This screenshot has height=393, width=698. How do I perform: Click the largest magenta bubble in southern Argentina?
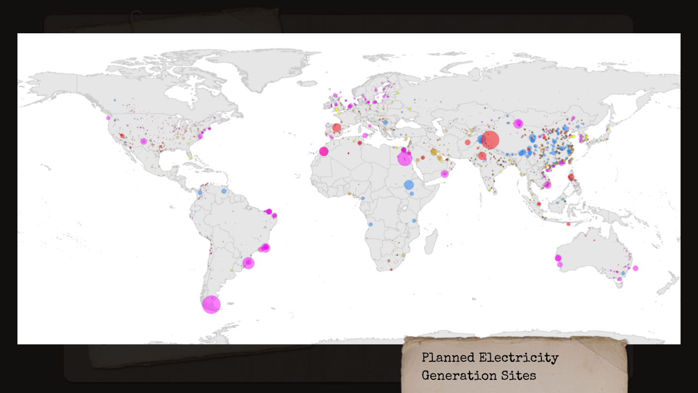(x=211, y=305)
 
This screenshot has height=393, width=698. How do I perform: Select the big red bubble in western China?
(x=490, y=140)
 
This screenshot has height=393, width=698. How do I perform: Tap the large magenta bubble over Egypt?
(x=405, y=158)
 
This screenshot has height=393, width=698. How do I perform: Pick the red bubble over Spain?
(x=336, y=128)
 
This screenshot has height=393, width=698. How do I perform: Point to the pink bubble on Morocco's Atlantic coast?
(x=324, y=151)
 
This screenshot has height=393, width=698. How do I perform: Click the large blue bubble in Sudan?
(x=409, y=185)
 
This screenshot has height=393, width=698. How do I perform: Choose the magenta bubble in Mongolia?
(x=518, y=124)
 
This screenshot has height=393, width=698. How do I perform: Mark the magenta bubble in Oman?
(x=444, y=174)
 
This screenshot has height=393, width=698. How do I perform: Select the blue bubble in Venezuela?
(x=224, y=191)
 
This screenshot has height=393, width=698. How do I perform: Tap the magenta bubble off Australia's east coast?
(x=635, y=268)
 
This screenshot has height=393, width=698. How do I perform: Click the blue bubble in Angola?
(x=370, y=224)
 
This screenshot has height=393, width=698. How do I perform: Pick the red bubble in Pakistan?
(x=467, y=142)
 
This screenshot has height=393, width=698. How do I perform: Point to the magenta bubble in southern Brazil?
(x=249, y=263)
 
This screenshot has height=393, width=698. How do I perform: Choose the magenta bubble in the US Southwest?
(x=143, y=141)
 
